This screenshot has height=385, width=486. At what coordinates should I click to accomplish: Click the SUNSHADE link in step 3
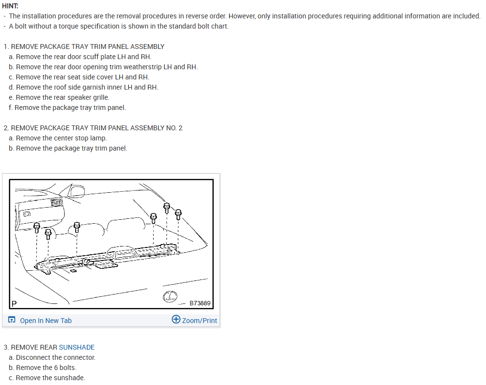77,347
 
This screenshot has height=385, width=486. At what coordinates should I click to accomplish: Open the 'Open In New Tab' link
46,321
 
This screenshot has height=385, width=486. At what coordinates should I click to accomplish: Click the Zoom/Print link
199,321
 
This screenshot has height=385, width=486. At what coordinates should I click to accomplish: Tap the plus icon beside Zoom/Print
176,319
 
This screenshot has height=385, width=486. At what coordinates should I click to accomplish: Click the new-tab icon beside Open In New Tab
12,320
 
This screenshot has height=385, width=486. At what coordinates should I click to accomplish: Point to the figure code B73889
200,303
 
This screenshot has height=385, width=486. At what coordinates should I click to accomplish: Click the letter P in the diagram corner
14,304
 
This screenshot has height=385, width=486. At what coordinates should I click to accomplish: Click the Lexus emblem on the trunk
170,296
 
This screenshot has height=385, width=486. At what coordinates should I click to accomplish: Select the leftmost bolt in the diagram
36,228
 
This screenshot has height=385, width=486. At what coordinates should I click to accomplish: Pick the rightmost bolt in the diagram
178,215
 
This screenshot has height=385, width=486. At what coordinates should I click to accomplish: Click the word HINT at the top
10,6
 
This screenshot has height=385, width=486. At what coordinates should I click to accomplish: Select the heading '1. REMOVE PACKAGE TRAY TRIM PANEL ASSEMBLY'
84,46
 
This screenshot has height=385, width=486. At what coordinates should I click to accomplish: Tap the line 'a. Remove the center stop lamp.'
58,138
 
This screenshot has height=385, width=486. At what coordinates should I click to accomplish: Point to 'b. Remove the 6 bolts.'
43,368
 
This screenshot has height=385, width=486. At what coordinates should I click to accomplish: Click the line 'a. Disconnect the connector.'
52,357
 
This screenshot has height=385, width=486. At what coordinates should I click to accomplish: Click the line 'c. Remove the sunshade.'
47,378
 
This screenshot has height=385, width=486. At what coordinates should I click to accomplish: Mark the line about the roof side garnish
83,87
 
